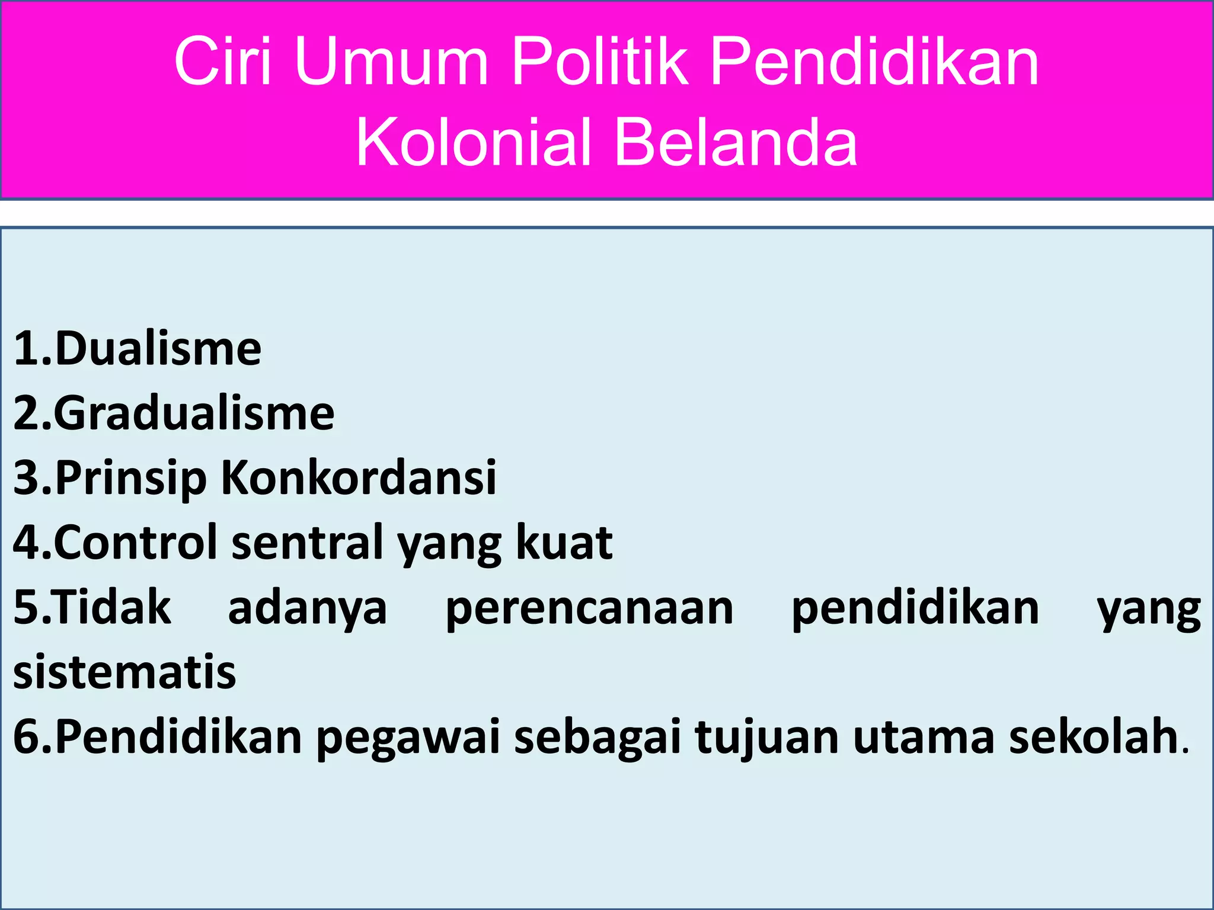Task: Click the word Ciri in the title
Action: [x=223, y=62]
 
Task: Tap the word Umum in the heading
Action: [x=391, y=62]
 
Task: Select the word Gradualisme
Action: [x=194, y=414]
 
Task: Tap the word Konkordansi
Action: [x=359, y=478]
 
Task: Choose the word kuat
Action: [x=564, y=543]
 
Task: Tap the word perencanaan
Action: [x=589, y=609]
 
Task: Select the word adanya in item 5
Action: [x=307, y=609]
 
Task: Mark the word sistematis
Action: [x=124, y=672]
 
